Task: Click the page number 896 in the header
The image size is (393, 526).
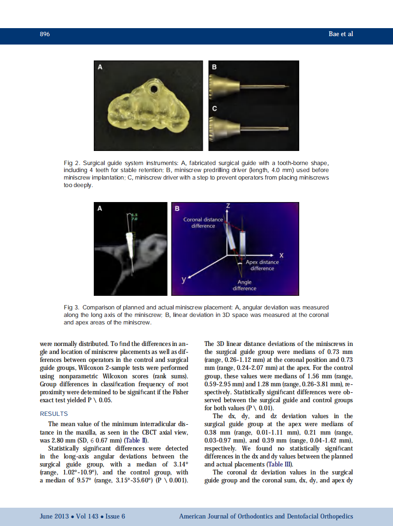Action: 45,34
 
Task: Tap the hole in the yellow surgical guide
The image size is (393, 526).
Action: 153,88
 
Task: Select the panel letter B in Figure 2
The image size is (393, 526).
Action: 214,68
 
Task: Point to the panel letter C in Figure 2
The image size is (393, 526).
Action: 214,109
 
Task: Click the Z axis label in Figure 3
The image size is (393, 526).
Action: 228,206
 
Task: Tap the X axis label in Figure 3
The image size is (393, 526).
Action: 281,255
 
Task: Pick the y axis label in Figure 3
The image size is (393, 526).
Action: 184,280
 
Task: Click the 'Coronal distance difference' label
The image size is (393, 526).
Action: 203,223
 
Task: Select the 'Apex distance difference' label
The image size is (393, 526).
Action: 262,265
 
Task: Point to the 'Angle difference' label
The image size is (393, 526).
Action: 244,285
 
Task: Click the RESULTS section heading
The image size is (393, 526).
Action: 54,414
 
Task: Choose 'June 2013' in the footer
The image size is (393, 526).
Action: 53,516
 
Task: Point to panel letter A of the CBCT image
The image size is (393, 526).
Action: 100,209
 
